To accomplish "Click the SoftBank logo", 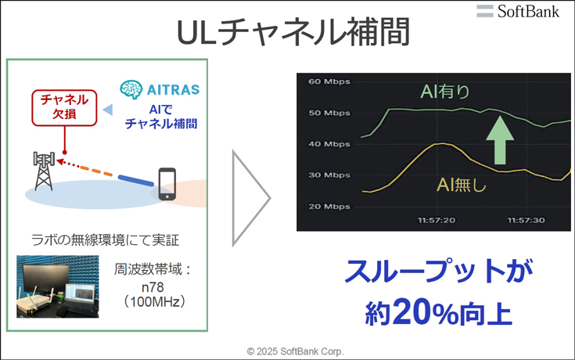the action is (518, 11).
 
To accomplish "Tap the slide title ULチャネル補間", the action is (293, 32).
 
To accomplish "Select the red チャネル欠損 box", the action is (64, 108).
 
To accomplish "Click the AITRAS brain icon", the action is (131, 89).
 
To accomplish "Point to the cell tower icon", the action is (44, 171).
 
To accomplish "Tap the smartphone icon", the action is (167, 184).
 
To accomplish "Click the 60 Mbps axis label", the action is (329, 81).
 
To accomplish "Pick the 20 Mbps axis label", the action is (329, 207).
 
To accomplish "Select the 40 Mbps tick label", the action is (329, 144).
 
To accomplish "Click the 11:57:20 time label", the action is (437, 220).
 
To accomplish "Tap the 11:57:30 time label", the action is (526, 220).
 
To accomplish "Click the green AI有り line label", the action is (445, 92).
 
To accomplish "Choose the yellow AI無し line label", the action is (462, 184).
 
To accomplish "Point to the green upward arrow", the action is (500, 140).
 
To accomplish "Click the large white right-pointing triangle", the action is (251, 198).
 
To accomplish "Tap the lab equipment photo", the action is (58, 286).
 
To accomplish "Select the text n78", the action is (153, 287).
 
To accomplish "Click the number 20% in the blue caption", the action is (426, 312).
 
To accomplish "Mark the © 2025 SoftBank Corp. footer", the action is (295, 351).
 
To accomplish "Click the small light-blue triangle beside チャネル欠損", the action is (108, 110).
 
